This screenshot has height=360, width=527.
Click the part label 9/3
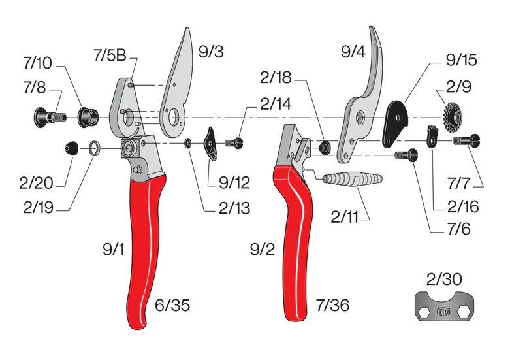[x=210, y=51]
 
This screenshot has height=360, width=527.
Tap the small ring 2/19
[x=95, y=150]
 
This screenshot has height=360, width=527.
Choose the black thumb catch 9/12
[x=213, y=143]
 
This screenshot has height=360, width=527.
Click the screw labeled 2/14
[x=234, y=142]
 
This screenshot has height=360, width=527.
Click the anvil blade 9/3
[x=180, y=78]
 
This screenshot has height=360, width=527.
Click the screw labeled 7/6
[x=406, y=155]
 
